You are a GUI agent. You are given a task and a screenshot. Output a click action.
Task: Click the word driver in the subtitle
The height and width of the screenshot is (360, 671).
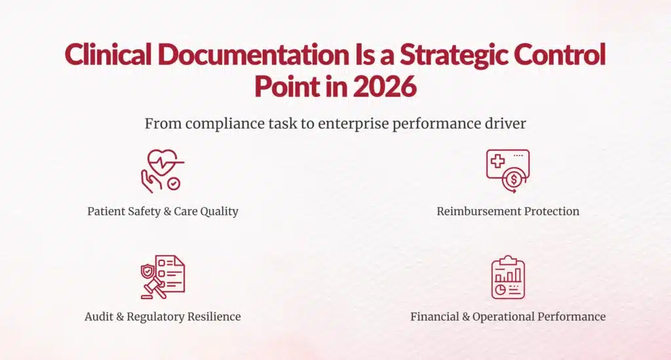505,124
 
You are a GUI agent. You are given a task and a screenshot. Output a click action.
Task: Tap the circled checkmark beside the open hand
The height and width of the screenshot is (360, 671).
174,185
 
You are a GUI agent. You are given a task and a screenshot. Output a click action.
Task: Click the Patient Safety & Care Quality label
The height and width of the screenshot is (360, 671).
163,212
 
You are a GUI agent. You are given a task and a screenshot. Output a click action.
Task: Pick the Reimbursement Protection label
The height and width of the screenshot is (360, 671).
508,212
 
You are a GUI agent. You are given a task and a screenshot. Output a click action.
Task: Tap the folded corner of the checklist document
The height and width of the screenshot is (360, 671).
179,260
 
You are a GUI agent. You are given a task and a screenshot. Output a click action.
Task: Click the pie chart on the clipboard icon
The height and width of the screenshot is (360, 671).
500,289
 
